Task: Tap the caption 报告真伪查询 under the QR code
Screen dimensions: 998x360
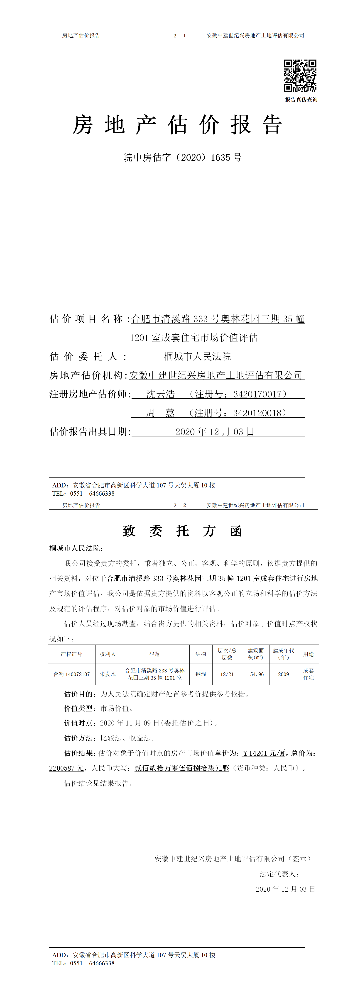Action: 301,100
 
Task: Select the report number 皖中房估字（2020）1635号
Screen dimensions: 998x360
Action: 182,157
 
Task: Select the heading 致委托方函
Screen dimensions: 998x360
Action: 182,531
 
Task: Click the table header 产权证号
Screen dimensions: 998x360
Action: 71,654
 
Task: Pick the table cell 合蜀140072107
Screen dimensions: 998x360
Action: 71,674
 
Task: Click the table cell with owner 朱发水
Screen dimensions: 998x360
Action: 108,674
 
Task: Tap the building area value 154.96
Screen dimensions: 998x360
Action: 255,674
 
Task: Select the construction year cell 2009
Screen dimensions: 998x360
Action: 283,674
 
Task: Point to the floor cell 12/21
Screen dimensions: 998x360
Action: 227,674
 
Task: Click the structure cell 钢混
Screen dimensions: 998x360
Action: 201,674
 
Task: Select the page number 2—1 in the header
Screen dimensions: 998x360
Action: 179,36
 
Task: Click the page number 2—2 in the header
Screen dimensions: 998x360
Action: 179,505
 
